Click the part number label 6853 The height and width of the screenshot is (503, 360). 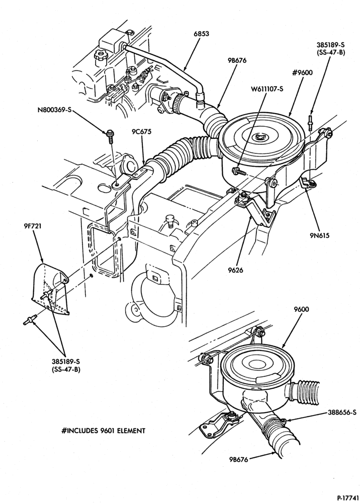(201, 33)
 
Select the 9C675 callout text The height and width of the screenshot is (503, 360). (141, 131)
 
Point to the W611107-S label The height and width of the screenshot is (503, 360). (266, 89)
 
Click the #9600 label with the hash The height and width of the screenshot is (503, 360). (302, 73)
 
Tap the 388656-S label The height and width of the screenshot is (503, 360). (341, 412)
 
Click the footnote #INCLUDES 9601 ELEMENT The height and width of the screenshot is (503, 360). (103, 431)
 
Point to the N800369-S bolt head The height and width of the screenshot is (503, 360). (109, 132)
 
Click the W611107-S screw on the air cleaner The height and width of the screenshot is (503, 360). (239, 171)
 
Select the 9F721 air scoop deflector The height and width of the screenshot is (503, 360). (51, 289)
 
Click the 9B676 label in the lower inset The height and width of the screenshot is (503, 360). (239, 460)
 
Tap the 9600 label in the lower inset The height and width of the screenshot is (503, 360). (301, 309)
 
